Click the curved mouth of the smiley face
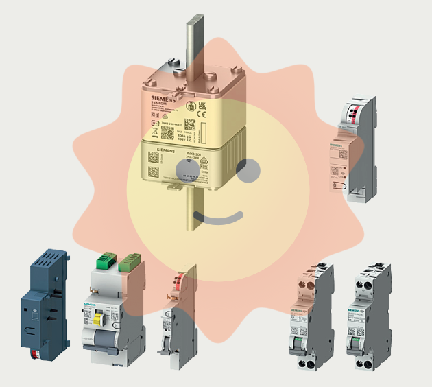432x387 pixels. (x=218, y=219)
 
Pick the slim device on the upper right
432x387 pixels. (x=350, y=151)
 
